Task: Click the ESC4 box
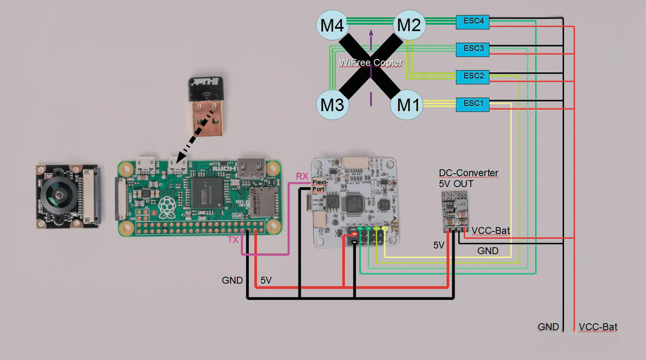pos(472,22)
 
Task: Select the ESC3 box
pos(472,49)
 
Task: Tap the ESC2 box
pos(472,77)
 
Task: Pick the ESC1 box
pos(472,104)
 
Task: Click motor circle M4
pos(332,25)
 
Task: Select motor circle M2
pos(409,25)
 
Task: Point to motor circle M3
pos(332,105)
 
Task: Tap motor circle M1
pos(408,105)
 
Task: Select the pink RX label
pos(302,176)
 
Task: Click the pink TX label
pos(233,240)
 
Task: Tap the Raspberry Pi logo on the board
pos(167,207)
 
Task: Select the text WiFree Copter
pos(371,63)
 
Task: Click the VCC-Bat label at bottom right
pos(598,326)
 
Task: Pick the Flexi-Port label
pos(319,185)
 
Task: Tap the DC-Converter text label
pos(468,173)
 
